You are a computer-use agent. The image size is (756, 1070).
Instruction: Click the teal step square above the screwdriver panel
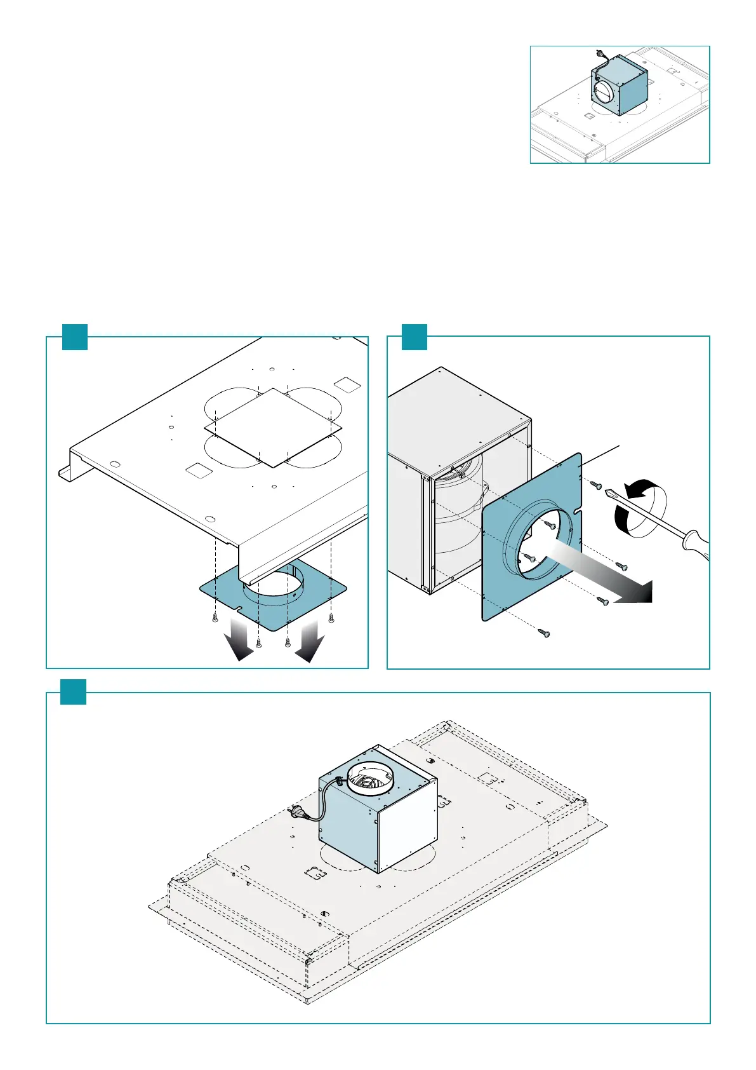tap(414, 336)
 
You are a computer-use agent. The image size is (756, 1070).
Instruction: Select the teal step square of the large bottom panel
tap(73, 691)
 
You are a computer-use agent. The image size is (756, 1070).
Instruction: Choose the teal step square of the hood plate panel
tap(74, 336)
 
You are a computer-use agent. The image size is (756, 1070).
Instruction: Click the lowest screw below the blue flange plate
tap(544, 633)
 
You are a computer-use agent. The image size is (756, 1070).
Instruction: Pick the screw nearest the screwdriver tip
tap(596, 485)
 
